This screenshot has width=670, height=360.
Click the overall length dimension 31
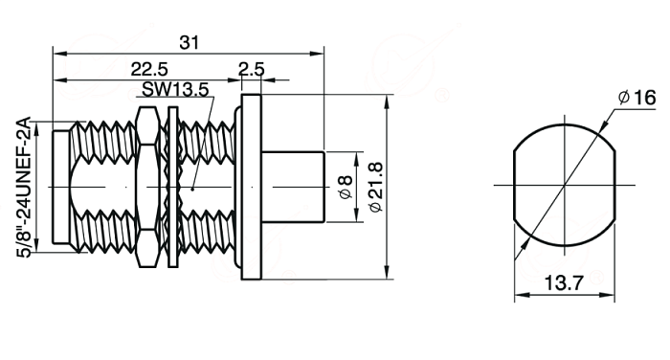point(189,43)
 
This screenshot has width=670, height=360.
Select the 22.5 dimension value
point(149,69)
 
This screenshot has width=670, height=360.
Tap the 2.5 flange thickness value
point(251,69)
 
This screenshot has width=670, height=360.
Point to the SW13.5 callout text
point(175,90)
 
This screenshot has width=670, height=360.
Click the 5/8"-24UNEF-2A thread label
point(24,187)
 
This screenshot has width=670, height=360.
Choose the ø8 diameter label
point(346,188)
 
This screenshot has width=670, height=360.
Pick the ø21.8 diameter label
point(376,187)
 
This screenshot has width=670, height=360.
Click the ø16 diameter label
point(636,98)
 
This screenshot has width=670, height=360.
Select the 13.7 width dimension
point(564,283)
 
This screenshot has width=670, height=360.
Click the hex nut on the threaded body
point(147,188)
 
